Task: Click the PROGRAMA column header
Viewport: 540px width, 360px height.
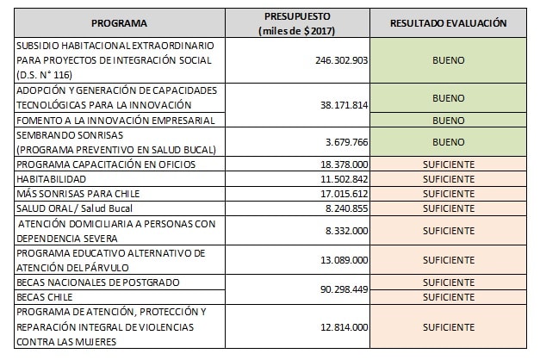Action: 118,23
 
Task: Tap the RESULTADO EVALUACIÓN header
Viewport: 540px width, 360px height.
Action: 448,23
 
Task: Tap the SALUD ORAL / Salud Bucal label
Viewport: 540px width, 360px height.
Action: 67,208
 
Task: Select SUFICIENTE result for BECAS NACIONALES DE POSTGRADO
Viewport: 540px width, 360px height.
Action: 448,282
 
